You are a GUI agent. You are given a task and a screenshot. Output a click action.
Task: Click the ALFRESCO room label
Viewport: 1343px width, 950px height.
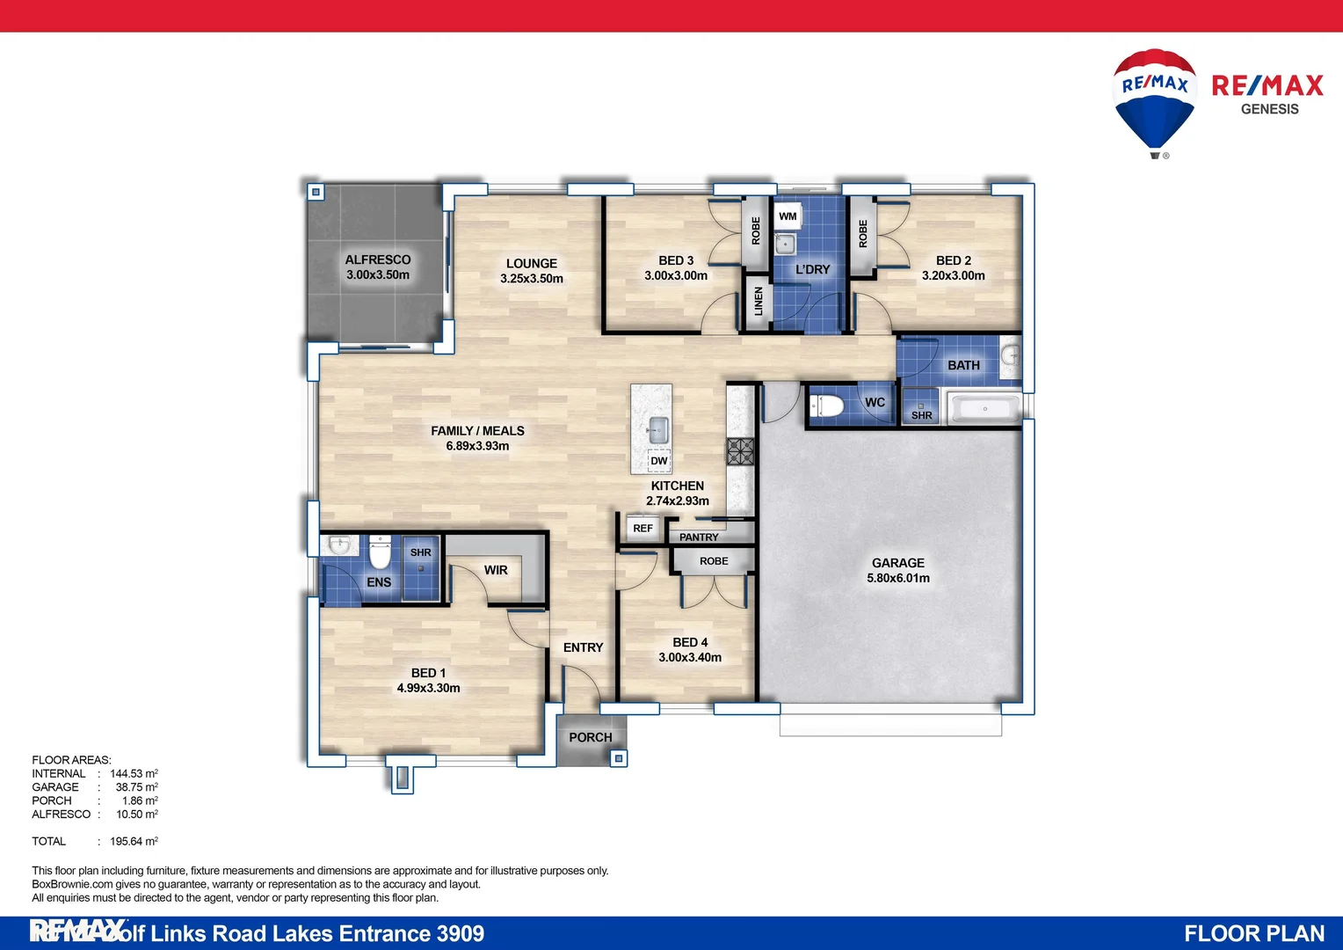[x=378, y=259]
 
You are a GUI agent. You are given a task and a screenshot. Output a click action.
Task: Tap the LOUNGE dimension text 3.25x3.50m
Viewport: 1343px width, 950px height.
[x=532, y=279]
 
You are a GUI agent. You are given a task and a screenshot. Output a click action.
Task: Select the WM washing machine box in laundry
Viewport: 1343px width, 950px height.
[x=788, y=216]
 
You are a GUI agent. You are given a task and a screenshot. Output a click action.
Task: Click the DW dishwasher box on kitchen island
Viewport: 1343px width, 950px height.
[x=659, y=461]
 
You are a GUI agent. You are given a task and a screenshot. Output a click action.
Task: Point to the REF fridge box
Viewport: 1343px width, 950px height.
[x=642, y=529]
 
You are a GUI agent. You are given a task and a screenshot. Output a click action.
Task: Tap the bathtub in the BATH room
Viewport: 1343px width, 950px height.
[x=985, y=409]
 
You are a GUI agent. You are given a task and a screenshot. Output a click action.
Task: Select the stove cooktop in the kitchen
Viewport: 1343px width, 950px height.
[x=740, y=450]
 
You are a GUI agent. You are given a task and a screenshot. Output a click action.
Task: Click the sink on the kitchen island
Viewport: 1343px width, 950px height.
[x=657, y=431]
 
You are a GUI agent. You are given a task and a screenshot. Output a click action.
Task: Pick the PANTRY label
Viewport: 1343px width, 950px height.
[x=699, y=537]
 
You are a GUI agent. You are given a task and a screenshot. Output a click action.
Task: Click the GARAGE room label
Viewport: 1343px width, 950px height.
[x=897, y=563]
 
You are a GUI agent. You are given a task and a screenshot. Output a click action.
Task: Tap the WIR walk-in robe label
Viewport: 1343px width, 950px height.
[x=496, y=570]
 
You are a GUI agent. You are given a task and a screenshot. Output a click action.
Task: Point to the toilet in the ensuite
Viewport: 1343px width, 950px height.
[x=380, y=554]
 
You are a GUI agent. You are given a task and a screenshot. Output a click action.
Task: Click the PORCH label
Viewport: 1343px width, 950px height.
[x=590, y=737]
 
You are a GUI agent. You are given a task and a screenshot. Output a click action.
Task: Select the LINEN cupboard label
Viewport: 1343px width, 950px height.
[x=759, y=302]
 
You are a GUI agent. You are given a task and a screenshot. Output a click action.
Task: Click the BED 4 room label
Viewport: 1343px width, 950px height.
[x=690, y=642]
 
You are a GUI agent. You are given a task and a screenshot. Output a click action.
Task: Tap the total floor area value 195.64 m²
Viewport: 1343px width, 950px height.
[x=134, y=842]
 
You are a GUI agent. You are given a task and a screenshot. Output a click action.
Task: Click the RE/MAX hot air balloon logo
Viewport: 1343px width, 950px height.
[x=1154, y=101]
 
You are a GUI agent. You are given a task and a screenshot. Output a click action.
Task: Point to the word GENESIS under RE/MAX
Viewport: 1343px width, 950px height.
[x=1269, y=109]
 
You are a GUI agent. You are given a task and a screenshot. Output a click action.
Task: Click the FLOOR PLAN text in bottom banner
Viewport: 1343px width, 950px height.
[x=1253, y=933]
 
